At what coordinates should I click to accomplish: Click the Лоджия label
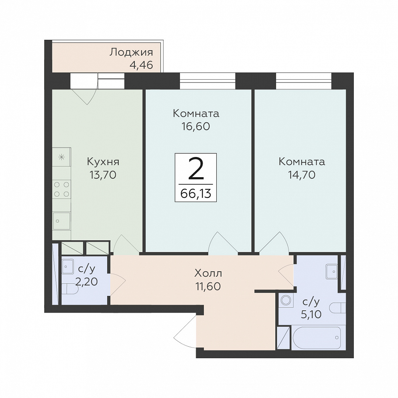coord(131,52)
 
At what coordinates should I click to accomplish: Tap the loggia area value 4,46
coord(142,65)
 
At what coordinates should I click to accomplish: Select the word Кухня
coord(103,162)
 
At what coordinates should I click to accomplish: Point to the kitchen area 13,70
coord(103,175)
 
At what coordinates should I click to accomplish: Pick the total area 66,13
coord(196,194)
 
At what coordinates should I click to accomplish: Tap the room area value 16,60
coord(196,126)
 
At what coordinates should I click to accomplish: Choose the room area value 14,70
coord(302,175)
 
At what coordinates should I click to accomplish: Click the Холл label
coord(208,273)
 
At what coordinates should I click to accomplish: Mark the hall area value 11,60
coord(208,286)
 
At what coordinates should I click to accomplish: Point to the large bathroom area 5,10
coord(311,314)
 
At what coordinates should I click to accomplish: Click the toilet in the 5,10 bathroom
coord(338,308)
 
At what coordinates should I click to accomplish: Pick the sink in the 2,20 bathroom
coord(68,266)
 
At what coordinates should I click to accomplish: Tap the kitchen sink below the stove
coord(62,221)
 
